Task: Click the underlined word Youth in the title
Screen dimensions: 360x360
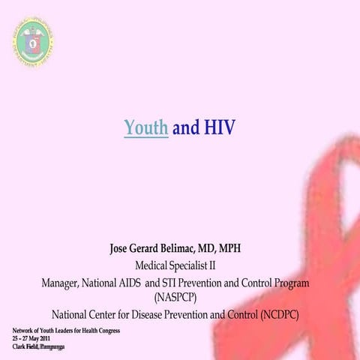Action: pos(145,128)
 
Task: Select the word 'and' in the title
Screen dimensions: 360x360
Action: pos(185,128)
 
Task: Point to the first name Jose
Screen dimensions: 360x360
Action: pos(122,248)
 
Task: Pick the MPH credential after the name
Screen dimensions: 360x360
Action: pos(235,248)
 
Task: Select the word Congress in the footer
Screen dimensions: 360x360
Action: pos(106,331)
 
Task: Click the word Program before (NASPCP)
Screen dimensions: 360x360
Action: pos(288,283)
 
